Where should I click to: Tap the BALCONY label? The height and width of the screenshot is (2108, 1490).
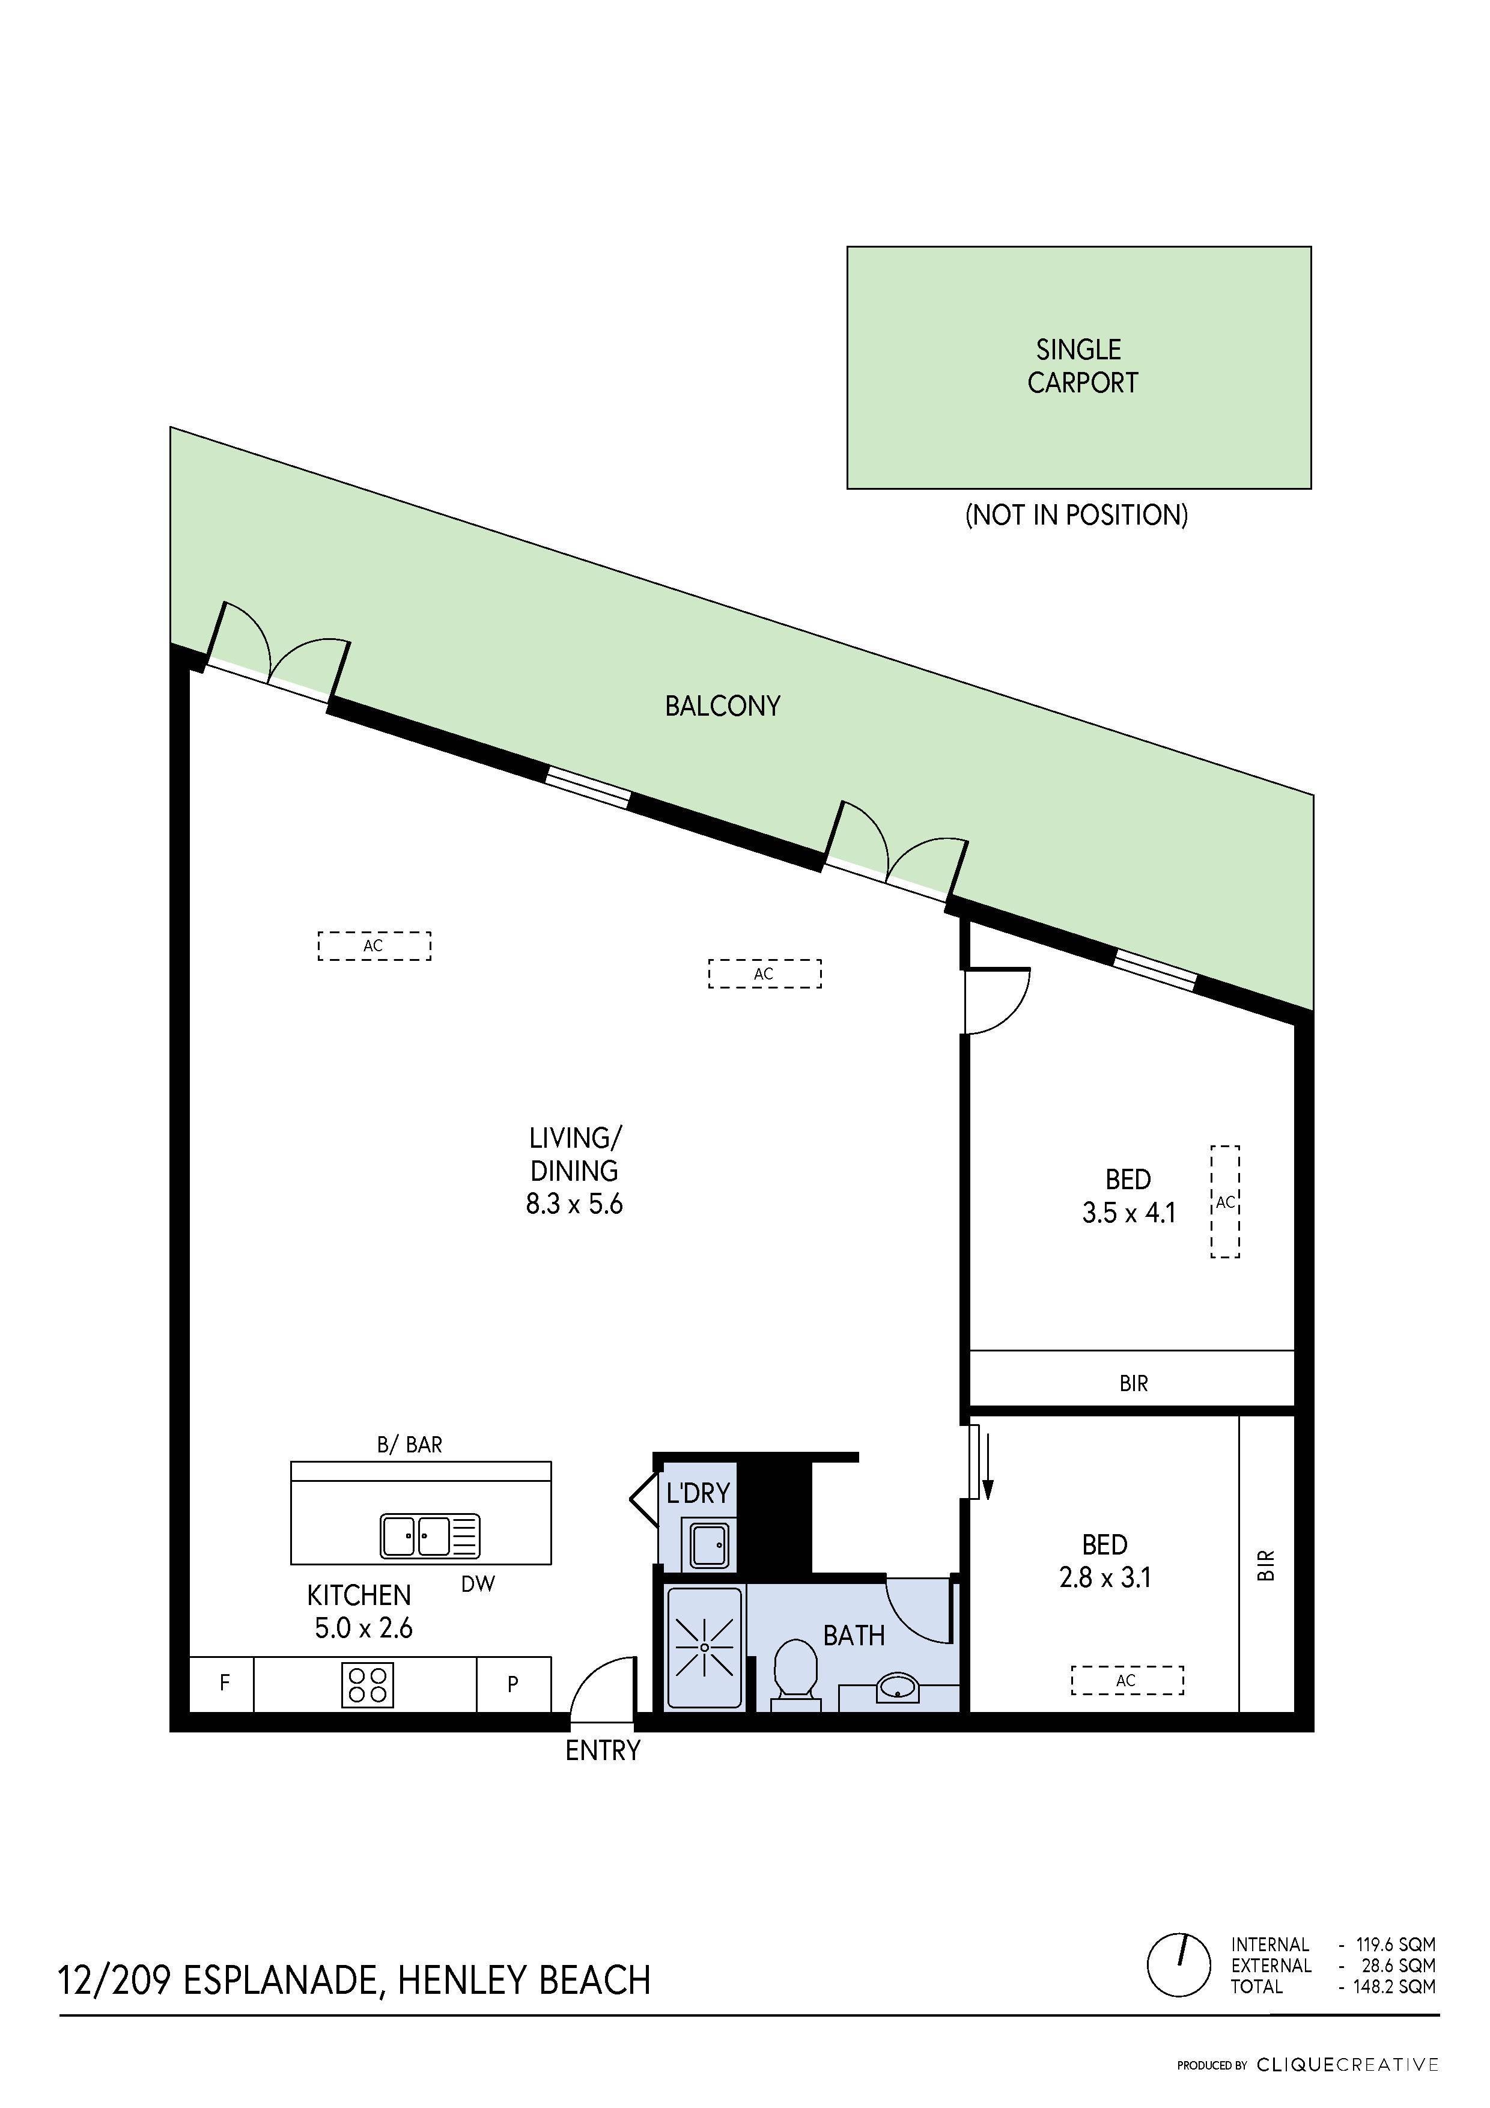pos(723,706)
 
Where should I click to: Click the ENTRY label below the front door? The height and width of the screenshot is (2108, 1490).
pos(602,1751)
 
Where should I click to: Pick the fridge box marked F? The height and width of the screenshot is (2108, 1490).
pos(223,1683)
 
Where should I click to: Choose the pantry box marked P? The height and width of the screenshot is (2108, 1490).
pos(513,1684)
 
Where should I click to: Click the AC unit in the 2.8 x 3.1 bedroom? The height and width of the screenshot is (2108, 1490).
pos(1127,1680)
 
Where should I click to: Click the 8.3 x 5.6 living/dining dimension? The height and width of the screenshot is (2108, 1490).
pos(574,1204)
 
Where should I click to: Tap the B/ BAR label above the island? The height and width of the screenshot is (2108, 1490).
pos(410,1445)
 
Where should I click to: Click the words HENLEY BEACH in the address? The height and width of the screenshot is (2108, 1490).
pos(525,1981)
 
